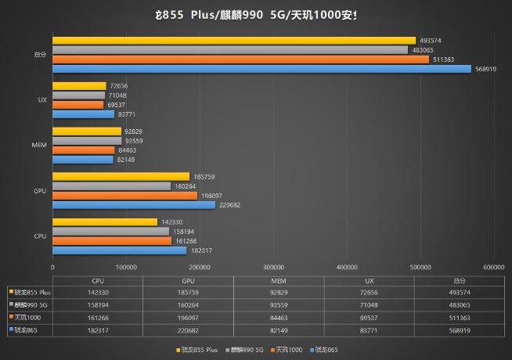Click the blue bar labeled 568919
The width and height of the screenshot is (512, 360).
[261, 69]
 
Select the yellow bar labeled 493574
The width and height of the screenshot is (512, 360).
[233, 41]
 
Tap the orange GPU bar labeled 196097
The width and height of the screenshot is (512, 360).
[125, 196]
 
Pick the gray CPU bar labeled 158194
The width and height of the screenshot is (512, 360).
[111, 232]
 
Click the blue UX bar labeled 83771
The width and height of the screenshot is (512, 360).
[83, 114]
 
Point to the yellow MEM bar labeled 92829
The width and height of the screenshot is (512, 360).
[87, 131]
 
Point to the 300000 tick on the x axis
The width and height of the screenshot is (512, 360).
[274, 267]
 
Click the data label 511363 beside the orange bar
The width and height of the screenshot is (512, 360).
[445, 59]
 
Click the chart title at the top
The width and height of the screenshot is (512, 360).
[256, 15]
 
